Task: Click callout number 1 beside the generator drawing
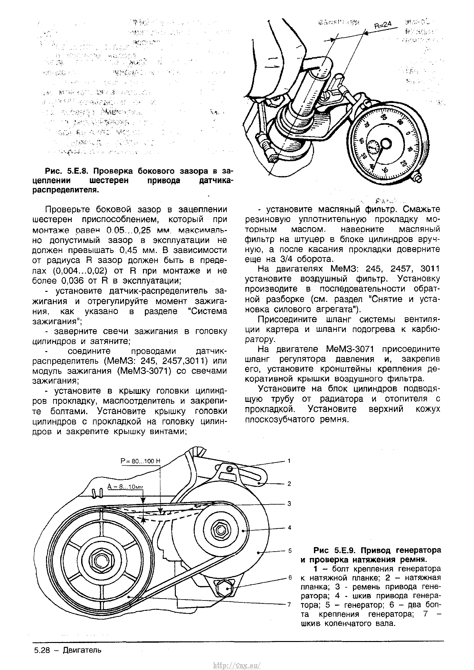(289, 461)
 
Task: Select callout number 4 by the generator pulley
(289, 527)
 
